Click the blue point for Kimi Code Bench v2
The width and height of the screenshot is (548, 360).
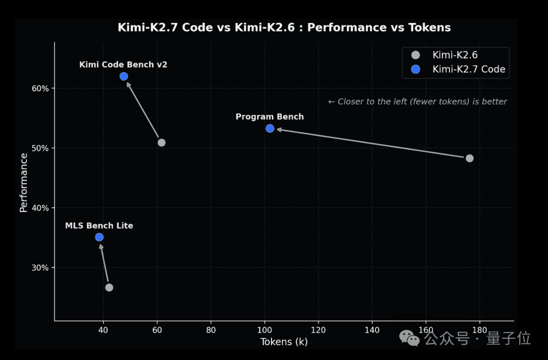[x=124, y=76]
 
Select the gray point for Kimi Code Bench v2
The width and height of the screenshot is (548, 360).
[x=161, y=142]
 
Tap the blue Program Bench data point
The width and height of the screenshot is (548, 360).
[x=270, y=128]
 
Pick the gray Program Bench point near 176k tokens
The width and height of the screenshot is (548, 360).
[x=470, y=158]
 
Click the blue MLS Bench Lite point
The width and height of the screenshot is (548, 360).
[x=99, y=237]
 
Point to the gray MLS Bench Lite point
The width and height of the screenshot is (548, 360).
[x=109, y=287]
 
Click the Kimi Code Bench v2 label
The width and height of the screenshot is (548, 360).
[x=123, y=64]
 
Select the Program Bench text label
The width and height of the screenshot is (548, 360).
[x=269, y=117]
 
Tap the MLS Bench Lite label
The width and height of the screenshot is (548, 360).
[x=99, y=225]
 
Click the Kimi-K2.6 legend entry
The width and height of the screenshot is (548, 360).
[x=444, y=55]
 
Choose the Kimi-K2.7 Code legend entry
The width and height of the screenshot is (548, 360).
[x=458, y=69]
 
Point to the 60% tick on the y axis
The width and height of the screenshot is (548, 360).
[x=40, y=88]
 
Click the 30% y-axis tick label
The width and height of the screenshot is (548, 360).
[x=40, y=268]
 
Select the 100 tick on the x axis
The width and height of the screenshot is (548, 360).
[x=264, y=330]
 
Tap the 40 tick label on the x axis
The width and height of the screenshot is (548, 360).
[x=103, y=330]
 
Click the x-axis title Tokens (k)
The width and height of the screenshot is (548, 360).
[x=284, y=342]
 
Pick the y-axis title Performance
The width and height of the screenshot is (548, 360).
[x=23, y=183]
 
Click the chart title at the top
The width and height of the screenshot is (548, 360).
[x=284, y=27]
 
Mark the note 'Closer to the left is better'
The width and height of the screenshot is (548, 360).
[x=417, y=102]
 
